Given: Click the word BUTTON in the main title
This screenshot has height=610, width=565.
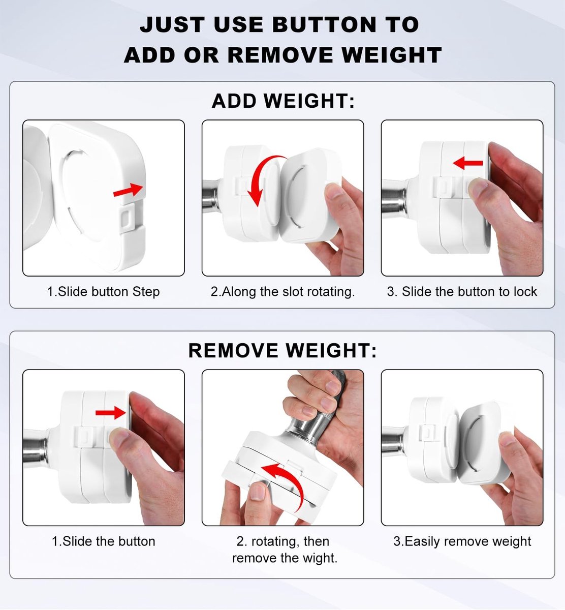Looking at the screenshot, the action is [324, 24].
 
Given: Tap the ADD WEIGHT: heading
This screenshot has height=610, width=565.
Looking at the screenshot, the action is [283, 101].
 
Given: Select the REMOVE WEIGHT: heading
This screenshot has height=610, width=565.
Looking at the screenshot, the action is [282, 350].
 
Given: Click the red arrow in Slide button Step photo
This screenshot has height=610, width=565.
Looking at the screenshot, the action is [128, 190].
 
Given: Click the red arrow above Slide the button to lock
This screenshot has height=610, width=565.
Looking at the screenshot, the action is [467, 163].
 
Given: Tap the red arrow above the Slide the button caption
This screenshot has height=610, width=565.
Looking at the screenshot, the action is [111, 412].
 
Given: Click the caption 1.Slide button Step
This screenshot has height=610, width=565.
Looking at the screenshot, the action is [103, 291].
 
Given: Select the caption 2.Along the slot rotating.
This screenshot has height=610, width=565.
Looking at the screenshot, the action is [282, 291].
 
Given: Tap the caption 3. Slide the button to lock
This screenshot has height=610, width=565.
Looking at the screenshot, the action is [462, 291].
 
